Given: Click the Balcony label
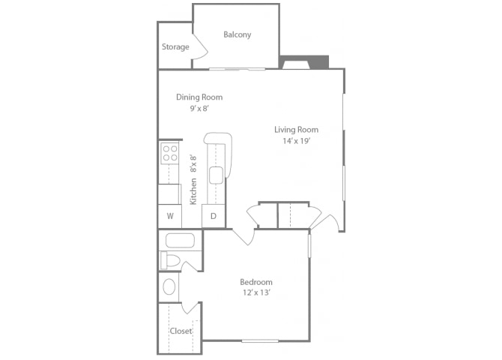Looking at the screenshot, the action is tap(237, 34).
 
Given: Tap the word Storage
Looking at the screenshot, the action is tap(175, 47).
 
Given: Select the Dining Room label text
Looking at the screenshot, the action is tap(199, 97).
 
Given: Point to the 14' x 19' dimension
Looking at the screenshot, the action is tap(297, 141).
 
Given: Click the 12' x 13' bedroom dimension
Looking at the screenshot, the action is tap(257, 292).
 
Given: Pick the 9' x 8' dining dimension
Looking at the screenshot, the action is tap(199, 109).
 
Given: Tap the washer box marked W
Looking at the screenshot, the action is tap(170, 217).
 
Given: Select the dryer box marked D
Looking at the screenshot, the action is tap(214, 217).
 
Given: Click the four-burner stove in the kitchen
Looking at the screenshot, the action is tap(169, 154).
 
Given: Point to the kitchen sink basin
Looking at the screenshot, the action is tap(216, 175).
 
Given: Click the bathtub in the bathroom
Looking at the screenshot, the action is tap(180, 241).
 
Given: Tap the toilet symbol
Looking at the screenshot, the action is tap(170, 260).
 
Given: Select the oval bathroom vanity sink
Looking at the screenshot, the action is tap(169, 286).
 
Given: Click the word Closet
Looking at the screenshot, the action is tap(181, 331).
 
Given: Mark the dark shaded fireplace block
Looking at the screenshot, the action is tap(304, 62).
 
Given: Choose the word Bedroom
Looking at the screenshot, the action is tap(256, 282).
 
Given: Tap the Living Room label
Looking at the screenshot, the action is tap(297, 130).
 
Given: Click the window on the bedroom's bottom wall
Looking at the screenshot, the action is tap(260, 340).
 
